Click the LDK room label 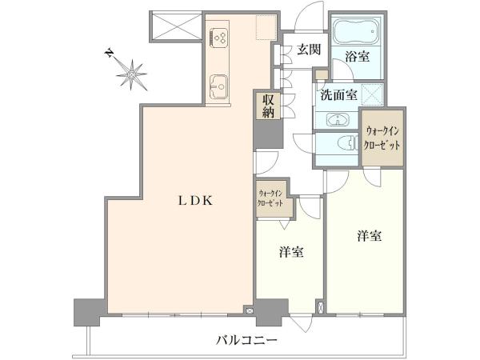pyautogui.click(x=196, y=201)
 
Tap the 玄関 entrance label pyautogui.click(x=309, y=50)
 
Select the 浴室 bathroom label pyautogui.click(x=358, y=57)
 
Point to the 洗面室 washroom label pyautogui.click(x=339, y=95)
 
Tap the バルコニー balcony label pyautogui.click(x=247, y=339)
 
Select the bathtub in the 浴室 pyautogui.click(x=357, y=32)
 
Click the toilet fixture pyautogui.click(x=348, y=143)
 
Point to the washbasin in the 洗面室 pyautogui.click(x=338, y=119)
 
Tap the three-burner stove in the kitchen pyautogui.click(x=218, y=38)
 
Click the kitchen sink pyautogui.click(x=218, y=86)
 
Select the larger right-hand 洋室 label pyautogui.click(x=369, y=236)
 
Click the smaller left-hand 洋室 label pyautogui.click(x=291, y=252)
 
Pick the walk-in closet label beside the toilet pyautogui.click(x=382, y=138)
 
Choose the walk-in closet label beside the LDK pyautogui.click(x=270, y=198)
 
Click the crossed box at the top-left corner pyautogui.click(x=176, y=26)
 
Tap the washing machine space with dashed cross pyautogui.click(x=373, y=94)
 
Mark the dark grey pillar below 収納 pyautogui.click(x=268, y=134)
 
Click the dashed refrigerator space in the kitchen pyautogui.click(x=266, y=27)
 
